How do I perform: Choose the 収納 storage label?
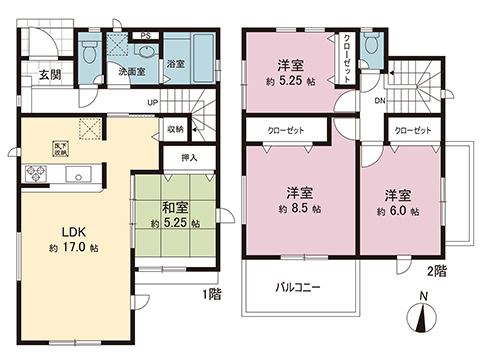click(x=176, y=128)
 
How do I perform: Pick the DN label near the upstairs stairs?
click(x=381, y=101)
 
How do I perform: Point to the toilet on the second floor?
click(x=371, y=46)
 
